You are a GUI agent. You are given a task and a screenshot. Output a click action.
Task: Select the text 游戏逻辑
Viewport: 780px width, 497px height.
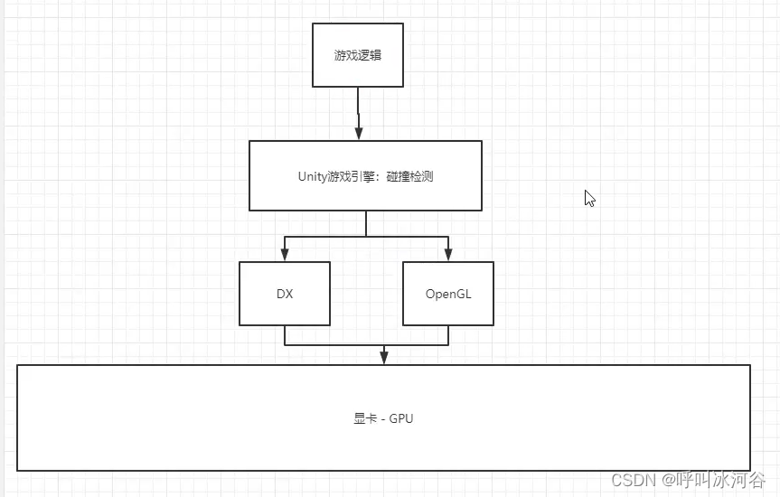358,55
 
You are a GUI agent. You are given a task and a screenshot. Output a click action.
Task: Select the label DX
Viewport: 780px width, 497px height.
285,294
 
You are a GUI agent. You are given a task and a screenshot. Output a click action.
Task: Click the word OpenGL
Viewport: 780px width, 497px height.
448,294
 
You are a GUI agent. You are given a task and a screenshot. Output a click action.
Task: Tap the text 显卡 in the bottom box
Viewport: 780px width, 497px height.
365,418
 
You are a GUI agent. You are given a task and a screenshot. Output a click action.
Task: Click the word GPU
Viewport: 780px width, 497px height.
401,418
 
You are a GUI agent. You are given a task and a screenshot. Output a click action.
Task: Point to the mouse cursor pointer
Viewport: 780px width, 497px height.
588,198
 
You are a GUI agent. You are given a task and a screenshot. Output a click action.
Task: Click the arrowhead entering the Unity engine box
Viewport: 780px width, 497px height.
359,133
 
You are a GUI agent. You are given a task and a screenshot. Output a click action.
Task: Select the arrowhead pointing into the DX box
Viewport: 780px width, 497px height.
285,255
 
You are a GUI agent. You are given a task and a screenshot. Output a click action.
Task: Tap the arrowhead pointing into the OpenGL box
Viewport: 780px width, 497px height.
448,255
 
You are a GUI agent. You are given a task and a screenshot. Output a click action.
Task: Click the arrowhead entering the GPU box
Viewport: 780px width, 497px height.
384,358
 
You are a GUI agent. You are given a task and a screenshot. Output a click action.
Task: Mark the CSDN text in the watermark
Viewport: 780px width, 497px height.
632,480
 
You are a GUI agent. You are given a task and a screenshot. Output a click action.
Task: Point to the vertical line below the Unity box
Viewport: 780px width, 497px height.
366,223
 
